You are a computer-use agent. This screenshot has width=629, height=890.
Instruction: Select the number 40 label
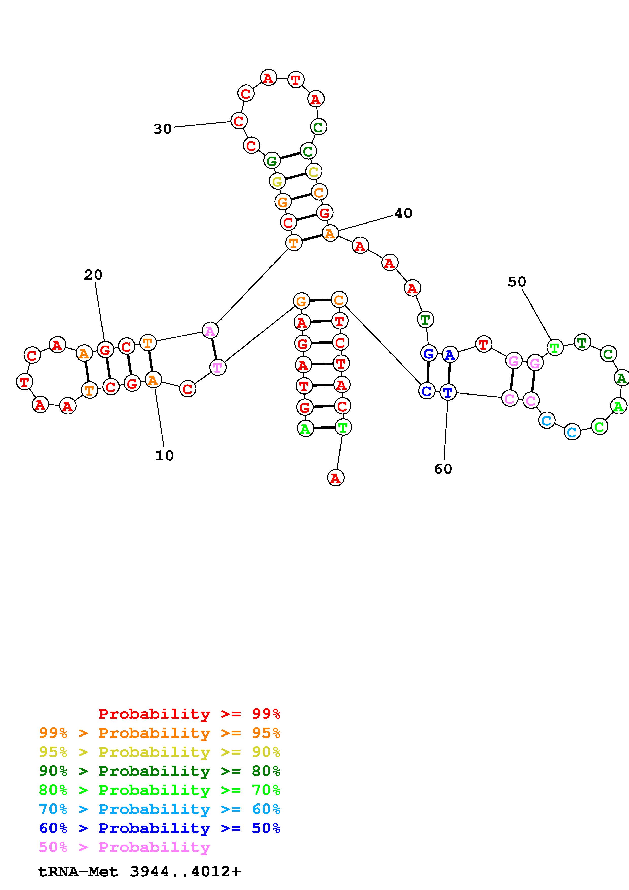403,213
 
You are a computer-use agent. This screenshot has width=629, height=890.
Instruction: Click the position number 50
517,282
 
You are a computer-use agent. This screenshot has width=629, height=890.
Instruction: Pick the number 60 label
443,469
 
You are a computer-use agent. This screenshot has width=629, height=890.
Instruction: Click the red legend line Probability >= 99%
190,714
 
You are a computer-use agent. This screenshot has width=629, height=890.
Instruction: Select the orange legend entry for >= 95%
160,733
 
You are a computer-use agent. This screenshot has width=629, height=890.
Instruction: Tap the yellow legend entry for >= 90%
160,752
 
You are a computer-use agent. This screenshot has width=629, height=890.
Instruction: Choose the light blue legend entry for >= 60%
160,809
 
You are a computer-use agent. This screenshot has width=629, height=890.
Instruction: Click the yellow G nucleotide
277,181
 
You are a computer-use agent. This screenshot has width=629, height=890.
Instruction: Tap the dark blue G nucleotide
428,353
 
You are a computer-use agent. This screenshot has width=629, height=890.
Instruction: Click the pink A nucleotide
210,331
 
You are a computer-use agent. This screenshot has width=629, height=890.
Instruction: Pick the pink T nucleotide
218,367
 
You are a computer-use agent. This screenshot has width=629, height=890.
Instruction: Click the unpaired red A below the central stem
336,478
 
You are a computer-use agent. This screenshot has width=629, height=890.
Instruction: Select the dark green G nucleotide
272,161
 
